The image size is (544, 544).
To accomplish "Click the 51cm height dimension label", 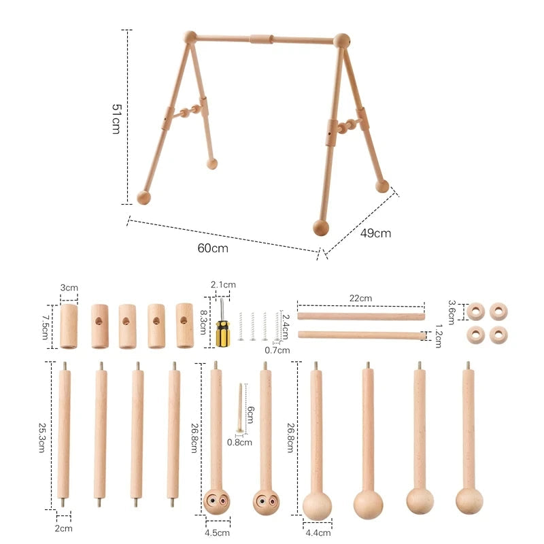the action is click(116, 118).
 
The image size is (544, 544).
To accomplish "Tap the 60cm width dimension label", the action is click(213, 248).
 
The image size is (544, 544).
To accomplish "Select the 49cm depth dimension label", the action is click(375, 233).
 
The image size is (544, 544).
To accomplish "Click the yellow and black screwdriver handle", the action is click(223, 333).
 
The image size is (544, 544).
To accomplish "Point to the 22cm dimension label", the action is click(360, 298).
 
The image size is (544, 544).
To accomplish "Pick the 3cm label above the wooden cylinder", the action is click(69, 288).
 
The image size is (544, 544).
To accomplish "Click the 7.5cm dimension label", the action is click(46, 327).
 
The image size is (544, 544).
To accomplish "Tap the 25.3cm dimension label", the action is click(41, 437).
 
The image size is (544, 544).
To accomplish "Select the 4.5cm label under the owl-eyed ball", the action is click(217, 532).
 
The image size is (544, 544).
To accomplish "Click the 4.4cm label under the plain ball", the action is click(318, 532).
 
